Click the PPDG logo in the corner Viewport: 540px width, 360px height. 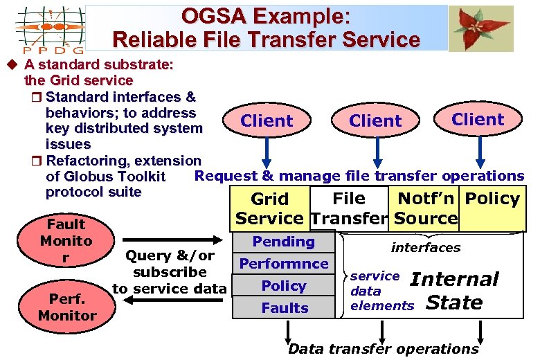point(50,29)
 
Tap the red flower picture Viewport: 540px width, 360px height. point(480,28)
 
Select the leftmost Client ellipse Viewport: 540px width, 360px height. point(267,121)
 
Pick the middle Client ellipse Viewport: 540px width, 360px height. point(375,121)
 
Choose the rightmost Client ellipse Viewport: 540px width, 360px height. point(478,119)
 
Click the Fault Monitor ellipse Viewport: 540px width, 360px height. point(66,241)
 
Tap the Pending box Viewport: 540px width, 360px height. point(284,242)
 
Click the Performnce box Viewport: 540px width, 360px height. point(284,264)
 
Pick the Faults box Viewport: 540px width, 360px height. point(284,308)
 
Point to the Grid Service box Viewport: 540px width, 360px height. point(269,208)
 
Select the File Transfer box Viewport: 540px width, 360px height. point(349,208)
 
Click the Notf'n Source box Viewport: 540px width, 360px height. point(426,208)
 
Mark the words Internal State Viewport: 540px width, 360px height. point(454,291)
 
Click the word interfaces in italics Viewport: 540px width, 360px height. point(425,247)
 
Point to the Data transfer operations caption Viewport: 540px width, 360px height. point(383,349)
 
